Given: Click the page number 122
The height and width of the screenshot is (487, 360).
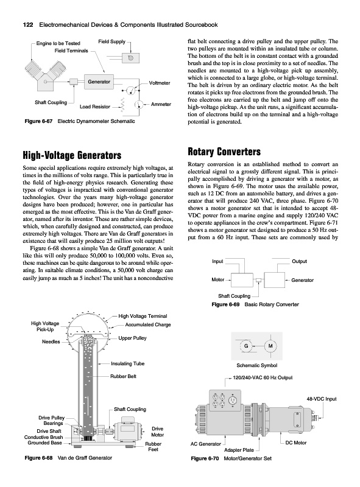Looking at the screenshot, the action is coord(28,25).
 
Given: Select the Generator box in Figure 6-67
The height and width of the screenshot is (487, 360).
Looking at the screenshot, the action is coord(99,82).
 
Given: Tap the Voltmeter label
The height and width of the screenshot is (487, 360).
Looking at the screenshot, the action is coord(160,83).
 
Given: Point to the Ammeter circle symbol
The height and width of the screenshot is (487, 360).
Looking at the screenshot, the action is coord(138,104).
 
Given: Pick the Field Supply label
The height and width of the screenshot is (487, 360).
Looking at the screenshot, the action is coord(111,41).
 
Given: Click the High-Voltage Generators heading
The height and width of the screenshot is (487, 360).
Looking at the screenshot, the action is coord(72,155).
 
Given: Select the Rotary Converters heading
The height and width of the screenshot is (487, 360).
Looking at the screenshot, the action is coord(224,152).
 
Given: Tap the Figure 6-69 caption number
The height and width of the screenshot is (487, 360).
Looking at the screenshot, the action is coord(225,304).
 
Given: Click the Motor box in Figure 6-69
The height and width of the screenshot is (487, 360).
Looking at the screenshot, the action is coord(242,280).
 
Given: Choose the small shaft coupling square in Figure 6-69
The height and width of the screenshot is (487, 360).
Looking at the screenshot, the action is coord(259,280).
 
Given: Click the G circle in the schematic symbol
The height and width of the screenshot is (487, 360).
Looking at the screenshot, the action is coord(246,346).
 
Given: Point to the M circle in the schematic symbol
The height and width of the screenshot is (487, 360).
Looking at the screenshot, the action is coord(270,346).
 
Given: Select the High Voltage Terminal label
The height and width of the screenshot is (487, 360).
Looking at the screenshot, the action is coord(143,316).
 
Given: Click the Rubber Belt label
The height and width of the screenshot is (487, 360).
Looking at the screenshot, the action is coord(123,376).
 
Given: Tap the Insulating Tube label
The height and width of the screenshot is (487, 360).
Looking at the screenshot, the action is coord(128,363).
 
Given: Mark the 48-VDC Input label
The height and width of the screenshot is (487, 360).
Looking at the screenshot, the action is coord(322,399).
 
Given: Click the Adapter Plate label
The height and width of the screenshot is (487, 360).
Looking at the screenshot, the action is coord(239,450).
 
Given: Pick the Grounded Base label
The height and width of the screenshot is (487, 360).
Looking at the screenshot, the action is coord(44,443).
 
